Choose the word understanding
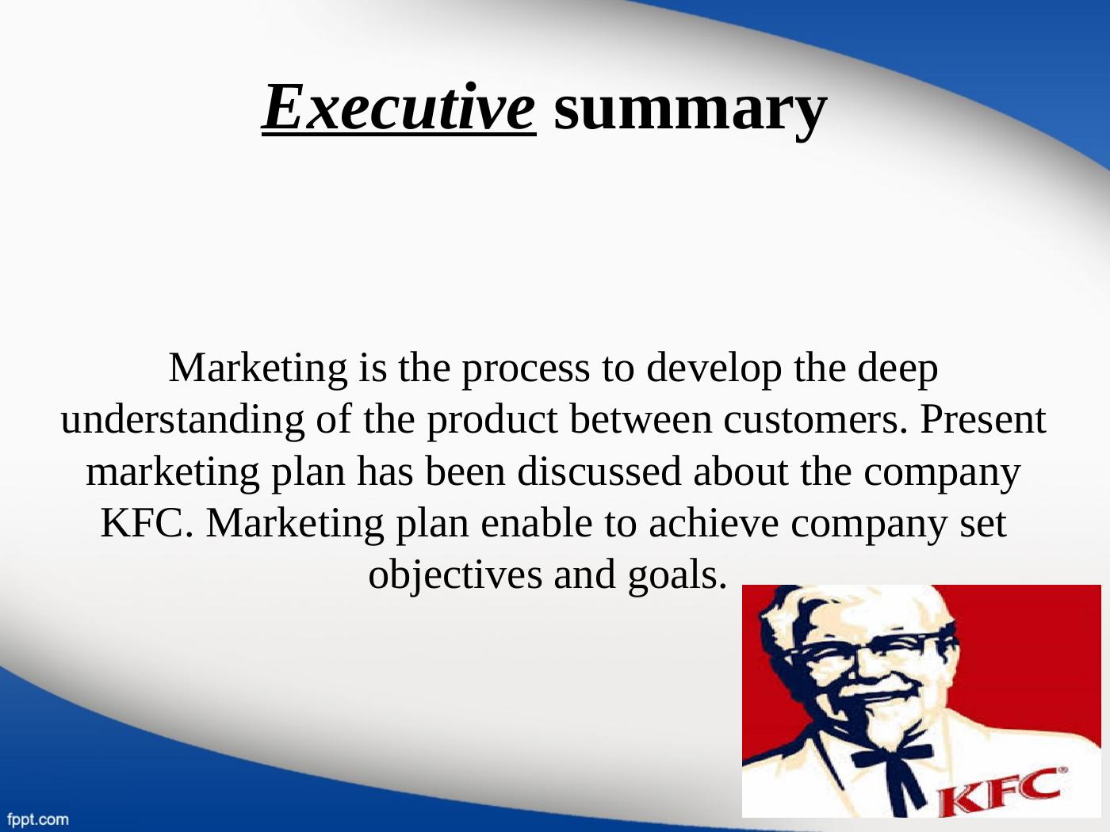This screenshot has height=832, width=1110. [182, 420]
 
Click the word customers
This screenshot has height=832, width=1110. [814, 420]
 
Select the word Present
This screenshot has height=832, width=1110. [983, 420]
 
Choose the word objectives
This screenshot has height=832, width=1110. [457, 575]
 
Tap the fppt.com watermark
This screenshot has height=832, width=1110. [37, 819]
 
